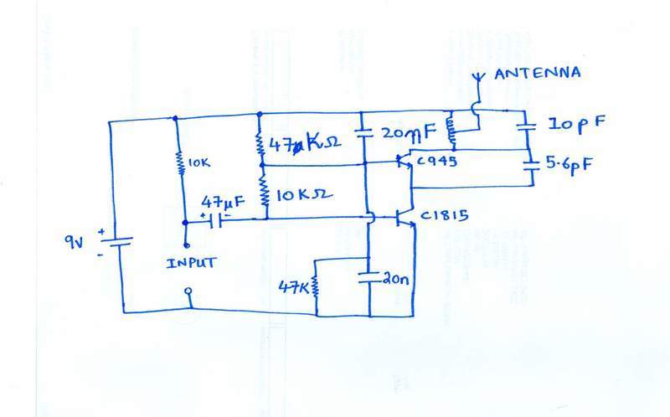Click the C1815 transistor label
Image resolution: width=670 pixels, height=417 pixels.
click(x=443, y=219)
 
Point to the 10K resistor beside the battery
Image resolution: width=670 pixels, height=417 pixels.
click(x=178, y=164)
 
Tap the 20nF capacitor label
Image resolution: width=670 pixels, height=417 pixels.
click(x=408, y=132)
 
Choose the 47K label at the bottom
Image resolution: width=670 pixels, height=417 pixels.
click(x=294, y=286)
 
